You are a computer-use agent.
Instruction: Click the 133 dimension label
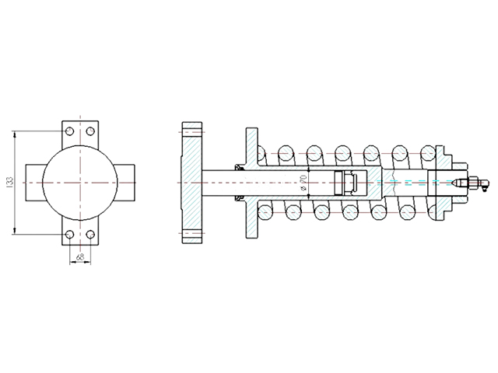pos(10,183)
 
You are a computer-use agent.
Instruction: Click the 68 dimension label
pos(80,256)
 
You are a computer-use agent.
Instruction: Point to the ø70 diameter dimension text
pos(303,183)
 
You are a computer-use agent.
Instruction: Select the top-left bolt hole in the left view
pos(70,131)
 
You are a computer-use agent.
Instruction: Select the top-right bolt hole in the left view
pos(90,131)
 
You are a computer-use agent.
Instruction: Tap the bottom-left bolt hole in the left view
pos(70,235)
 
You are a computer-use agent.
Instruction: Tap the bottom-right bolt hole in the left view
pos(90,235)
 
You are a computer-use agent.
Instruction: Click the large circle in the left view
pos(80,145)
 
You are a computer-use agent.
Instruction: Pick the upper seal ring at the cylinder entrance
pos(238,167)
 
